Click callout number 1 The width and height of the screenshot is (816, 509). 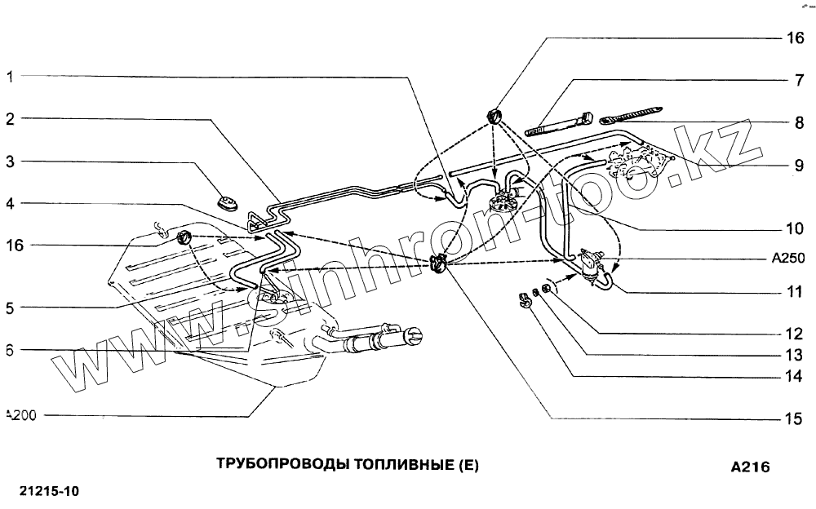click(x=10, y=77)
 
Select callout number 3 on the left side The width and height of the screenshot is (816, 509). click(x=10, y=162)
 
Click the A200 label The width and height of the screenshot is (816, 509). click(x=20, y=414)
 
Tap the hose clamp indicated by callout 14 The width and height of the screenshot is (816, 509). click(x=525, y=300)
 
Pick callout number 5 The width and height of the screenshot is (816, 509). click(x=10, y=308)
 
